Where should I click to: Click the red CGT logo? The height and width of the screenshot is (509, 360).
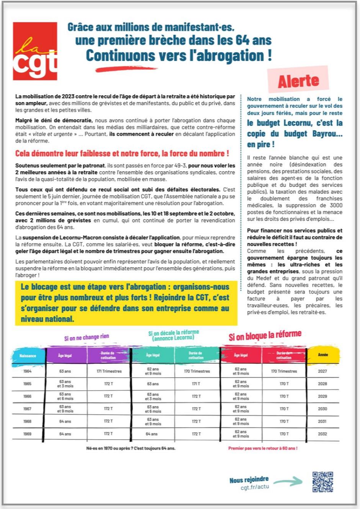(35, 51)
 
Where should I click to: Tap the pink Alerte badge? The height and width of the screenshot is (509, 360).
(298, 80)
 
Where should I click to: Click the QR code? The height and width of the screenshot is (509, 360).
(322, 481)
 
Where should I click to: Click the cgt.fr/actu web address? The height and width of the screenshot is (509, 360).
(255, 487)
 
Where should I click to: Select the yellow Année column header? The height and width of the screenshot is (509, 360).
(323, 355)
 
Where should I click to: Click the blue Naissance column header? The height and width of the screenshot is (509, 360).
(28, 356)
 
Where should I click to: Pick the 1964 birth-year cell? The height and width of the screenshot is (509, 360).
(28, 371)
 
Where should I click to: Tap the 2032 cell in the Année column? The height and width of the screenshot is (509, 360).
(322, 434)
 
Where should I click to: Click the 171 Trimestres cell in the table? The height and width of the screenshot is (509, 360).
(109, 371)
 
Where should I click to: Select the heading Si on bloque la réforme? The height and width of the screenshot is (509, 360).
(265, 336)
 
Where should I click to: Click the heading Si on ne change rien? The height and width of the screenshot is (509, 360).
(87, 337)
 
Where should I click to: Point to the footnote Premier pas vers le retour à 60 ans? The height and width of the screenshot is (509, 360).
(263, 448)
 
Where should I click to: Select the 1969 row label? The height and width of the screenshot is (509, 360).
(28, 434)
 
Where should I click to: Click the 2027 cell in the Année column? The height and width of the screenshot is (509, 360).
(322, 371)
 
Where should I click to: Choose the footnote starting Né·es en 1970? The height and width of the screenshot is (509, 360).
(131, 448)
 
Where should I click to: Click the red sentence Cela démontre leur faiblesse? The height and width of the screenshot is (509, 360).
(122, 154)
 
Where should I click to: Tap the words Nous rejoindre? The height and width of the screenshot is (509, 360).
(249, 480)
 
